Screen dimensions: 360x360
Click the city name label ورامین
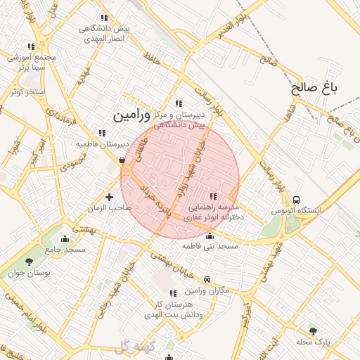coord(131,112)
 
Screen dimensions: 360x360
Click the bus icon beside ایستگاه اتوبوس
coord(296,200)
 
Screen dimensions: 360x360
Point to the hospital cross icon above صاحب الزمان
coord(109,197)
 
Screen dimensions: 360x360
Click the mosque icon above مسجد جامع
coord(65,238)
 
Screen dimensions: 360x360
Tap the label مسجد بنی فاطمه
coord(210,247)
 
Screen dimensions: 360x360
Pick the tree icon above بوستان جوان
coord(29,262)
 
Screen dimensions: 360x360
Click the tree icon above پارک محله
coord(313,330)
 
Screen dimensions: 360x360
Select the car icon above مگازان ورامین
coord(206,280)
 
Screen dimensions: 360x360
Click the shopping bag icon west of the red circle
coord(122,160)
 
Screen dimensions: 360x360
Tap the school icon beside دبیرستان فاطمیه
coord(103,132)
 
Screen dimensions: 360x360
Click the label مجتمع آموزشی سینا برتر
coord(30,63)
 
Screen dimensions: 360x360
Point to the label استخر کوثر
coord(28,92)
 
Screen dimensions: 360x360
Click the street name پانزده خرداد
coord(154,200)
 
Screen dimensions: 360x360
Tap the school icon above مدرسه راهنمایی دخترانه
coord(213,196)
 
